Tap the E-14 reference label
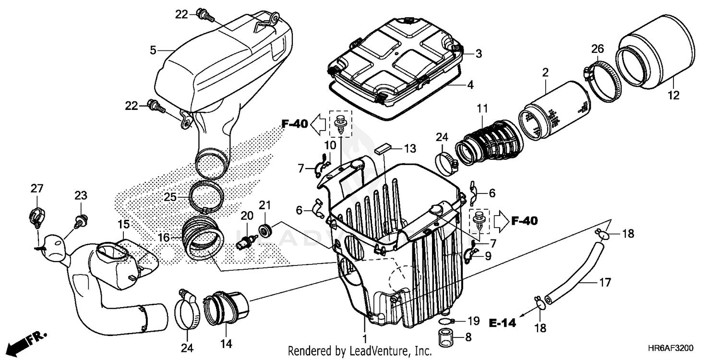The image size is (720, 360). (x=503, y=323)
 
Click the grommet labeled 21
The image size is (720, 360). (x=264, y=230)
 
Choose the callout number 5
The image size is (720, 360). (x=153, y=50)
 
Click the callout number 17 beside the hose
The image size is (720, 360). (x=605, y=283)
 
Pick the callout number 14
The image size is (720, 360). (x=226, y=344)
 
